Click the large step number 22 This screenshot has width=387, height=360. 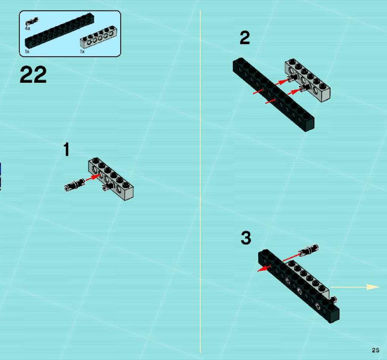coord(33,75)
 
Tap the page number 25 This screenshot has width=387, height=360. coord(375,350)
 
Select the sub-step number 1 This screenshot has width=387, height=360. coord(67,149)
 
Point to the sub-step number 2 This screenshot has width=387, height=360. coord(245,38)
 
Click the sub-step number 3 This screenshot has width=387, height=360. coord(246,238)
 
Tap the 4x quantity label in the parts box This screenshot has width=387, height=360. coord(27,29)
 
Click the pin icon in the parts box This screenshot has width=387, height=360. coord(32,21)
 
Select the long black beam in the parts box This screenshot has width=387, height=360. coord(59,31)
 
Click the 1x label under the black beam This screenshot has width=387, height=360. coord(27,51)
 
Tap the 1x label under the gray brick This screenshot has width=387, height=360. coord(82,51)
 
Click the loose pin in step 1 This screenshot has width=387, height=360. coord(74,185)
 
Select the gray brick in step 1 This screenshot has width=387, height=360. coord(111,179)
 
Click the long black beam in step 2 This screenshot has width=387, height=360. coord(273,95)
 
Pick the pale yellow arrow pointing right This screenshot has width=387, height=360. coord(355,287)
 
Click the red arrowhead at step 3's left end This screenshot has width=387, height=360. coord(262,269)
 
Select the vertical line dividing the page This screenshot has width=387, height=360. coord(200,181)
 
